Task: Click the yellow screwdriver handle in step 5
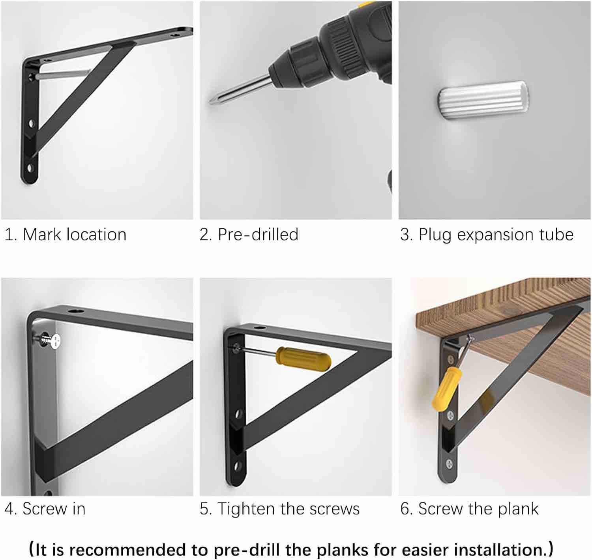pyautogui.click(x=303, y=359)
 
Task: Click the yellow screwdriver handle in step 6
pyautogui.click(x=446, y=389)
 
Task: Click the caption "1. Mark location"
pyautogui.click(x=66, y=235)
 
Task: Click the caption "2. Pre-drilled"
pyautogui.click(x=249, y=235)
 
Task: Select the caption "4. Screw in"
pyautogui.click(x=45, y=508)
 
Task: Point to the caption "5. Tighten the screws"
pyautogui.click(x=279, y=509)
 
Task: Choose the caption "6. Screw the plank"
pyautogui.click(x=469, y=509)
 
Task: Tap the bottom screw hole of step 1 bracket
pyautogui.click(x=30, y=168)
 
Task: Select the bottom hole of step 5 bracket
pyautogui.click(x=237, y=466)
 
